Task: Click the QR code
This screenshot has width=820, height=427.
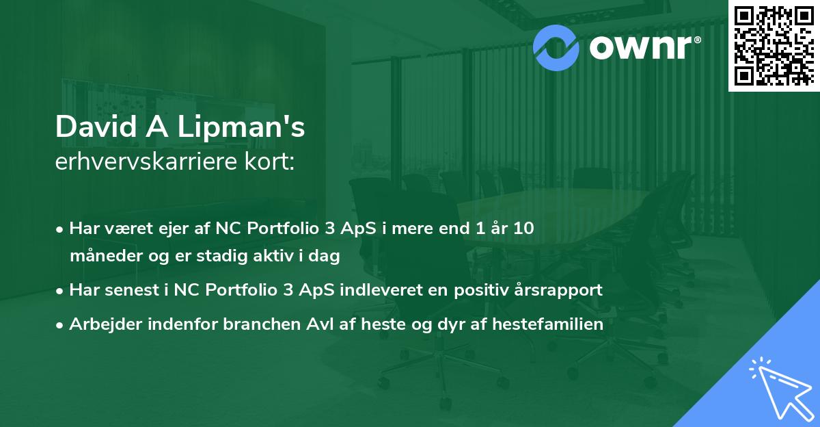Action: point(774,46)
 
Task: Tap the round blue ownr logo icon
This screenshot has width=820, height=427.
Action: point(556,47)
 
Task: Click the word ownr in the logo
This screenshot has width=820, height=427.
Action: point(642,48)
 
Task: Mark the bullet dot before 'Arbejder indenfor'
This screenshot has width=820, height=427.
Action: point(61,325)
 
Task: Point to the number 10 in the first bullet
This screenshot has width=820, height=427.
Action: point(523,229)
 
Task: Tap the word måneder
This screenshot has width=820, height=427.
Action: point(101,257)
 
